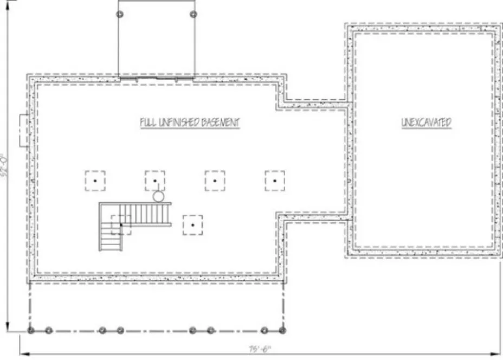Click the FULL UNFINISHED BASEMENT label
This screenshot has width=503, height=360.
tap(189, 123)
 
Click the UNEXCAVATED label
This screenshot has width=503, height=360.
tap(426, 123)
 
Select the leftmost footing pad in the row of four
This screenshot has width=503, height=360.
tap(95, 181)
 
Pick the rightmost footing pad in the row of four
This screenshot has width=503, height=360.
tap(275, 181)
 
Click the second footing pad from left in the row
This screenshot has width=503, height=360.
tap(155, 181)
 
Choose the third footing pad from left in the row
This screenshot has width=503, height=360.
tap(215, 181)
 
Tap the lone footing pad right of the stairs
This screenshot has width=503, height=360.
tap(192, 224)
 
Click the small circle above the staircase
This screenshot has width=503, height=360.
tap(158, 196)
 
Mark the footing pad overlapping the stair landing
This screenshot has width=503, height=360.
tap(121, 224)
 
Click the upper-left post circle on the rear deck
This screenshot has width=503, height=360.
tap(121, 13)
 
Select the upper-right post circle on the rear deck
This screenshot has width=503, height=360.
tap(193, 13)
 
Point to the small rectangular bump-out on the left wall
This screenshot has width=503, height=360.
tap(24, 130)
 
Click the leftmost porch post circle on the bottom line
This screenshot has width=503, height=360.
tap(31, 330)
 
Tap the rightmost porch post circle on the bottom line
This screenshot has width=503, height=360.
tap(282, 330)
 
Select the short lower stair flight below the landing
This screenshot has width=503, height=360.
tap(111, 239)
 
